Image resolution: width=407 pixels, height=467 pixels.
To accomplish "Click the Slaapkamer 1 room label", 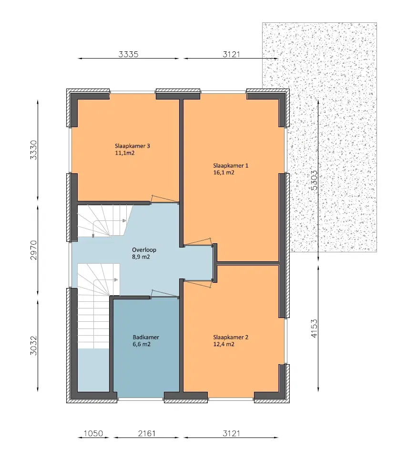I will point(231,166).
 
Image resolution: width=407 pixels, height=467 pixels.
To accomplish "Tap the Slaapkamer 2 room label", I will point(231,337).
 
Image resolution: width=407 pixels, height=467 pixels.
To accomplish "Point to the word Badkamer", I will point(146,337).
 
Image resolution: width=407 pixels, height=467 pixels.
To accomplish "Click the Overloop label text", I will point(144,249).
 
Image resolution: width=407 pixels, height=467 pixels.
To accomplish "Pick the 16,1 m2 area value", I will point(224,173).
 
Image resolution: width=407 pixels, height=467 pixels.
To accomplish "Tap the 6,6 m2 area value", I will point(142,344).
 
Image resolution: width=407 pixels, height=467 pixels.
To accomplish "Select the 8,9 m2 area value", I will point(141,257).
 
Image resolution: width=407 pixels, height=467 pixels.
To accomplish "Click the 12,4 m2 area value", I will point(224,344).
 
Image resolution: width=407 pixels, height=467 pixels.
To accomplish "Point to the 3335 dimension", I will point(128,54).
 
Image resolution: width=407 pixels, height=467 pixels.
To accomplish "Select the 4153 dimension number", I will point(314,328).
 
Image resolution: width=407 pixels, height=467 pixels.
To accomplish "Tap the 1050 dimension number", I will point(93,434).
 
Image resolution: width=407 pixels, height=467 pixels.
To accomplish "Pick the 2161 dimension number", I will point(147,434).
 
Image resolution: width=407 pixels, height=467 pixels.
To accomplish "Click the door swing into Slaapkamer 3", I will point(164,199).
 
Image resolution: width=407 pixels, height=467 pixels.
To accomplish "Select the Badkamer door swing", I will point(164,294).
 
